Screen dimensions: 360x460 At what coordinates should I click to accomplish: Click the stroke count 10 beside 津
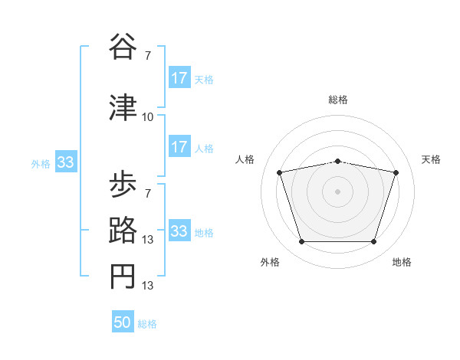point(148,117)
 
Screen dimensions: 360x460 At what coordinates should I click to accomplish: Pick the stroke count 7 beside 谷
point(147,55)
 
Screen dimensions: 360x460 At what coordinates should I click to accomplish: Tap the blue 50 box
point(123,322)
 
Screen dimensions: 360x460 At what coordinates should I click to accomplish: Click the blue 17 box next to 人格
point(179,147)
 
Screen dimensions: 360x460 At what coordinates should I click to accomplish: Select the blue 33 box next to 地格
point(179,231)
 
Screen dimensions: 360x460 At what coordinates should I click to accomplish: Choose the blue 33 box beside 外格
point(65,162)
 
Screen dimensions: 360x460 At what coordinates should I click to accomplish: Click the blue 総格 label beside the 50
point(147,324)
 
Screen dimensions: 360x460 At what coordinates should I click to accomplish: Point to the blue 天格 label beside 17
point(204,79)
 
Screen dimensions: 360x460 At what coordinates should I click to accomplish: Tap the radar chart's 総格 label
point(338,100)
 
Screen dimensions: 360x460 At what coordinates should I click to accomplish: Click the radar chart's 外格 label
point(270,263)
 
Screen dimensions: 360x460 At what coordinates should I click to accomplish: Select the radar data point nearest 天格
point(396,172)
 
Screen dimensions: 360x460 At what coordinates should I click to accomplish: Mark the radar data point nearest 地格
point(373,241)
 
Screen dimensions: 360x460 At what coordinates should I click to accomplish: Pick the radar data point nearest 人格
point(280,172)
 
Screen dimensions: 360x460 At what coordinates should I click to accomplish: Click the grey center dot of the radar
point(338,191)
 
